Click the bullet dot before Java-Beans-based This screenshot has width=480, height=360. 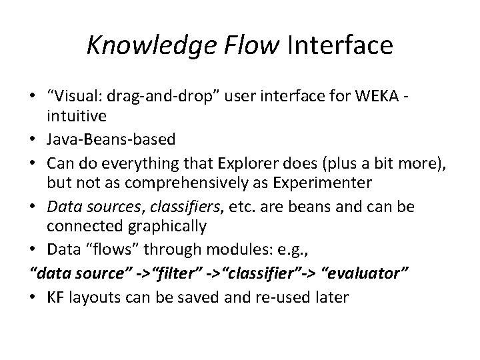coord(35,139)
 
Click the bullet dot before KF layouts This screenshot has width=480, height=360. coord(35,297)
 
